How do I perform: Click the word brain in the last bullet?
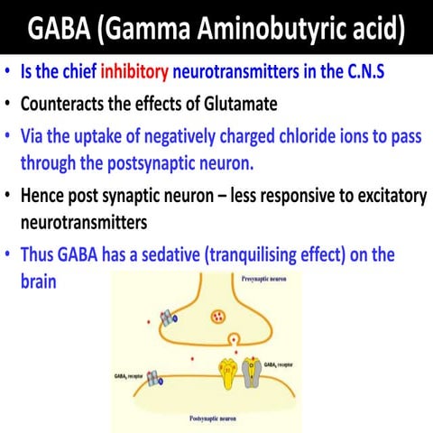39,281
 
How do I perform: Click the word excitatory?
355,195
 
